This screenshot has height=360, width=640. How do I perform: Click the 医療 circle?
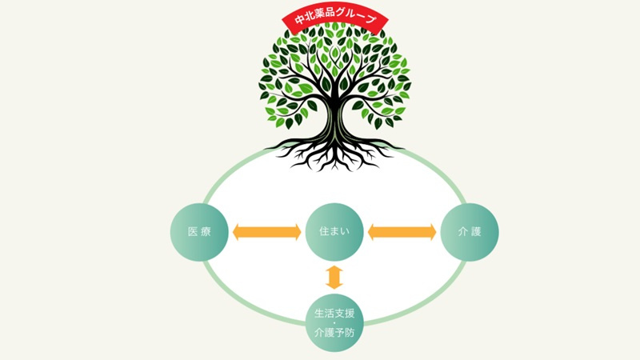tap(200, 232)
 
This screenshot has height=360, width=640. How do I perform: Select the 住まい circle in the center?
tap(334, 232)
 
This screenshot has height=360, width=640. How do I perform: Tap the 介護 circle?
tap(470, 232)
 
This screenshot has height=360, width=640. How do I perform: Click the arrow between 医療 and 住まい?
tap(266, 232)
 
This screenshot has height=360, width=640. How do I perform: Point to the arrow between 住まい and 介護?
tap(402, 232)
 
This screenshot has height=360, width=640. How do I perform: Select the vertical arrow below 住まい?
tap(334, 276)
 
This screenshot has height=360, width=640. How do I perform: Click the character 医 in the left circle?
tap(192, 232)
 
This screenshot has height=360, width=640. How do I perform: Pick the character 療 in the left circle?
tap(207, 232)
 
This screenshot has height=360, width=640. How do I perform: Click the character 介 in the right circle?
tap(462, 232)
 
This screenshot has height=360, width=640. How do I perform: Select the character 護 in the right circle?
tap(478, 232)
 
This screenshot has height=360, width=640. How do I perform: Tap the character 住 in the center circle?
tap(323, 232)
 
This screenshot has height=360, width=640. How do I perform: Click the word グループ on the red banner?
tap(358, 17)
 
